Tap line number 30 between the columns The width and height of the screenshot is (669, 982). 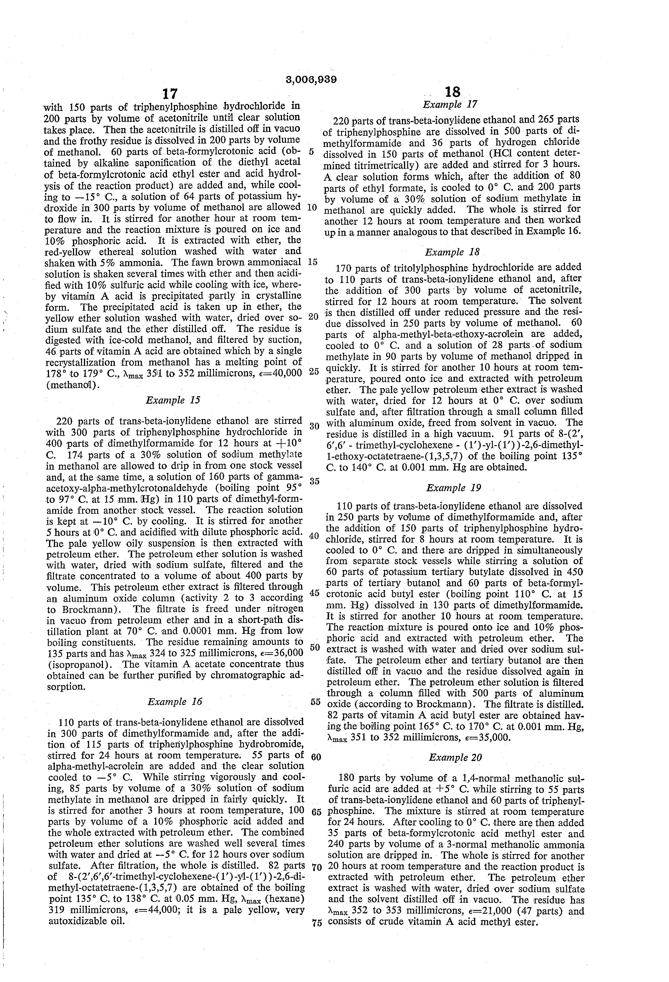click(314, 426)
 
